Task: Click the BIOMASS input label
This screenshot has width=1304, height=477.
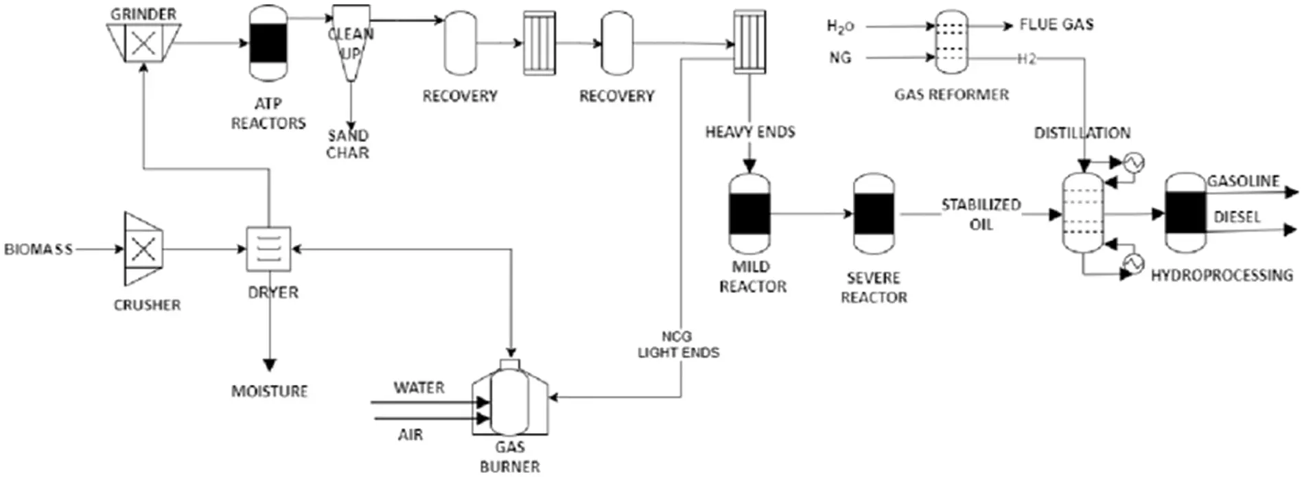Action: (x=38, y=249)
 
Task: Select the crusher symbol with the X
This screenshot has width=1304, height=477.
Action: (x=143, y=248)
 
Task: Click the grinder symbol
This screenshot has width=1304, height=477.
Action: (x=143, y=43)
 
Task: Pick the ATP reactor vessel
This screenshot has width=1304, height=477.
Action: (x=268, y=43)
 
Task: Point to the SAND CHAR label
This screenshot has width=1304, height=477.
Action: (x=348, y=144)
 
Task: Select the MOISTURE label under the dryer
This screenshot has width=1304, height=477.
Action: (x=269, y=391)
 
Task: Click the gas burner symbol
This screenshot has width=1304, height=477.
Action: (x=510, y=401)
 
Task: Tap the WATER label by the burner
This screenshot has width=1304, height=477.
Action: (x=419, y=388)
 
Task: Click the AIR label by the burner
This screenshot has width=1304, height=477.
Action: (x=410, y=434)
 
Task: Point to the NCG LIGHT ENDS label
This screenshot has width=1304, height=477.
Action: (x=678, y=345)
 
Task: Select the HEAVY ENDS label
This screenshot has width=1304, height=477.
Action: (x=750, y=132)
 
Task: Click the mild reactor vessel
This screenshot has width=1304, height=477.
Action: (x=749, y=214)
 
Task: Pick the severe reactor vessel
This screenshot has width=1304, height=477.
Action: (x=874, y=214)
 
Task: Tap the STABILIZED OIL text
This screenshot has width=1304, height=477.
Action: (x=981, y=214)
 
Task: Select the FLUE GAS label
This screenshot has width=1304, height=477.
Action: (x=1056, y=25)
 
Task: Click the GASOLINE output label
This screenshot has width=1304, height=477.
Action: (x=1243, y=181)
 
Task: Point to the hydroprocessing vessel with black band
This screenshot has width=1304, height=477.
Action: (x=1185, y=213)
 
